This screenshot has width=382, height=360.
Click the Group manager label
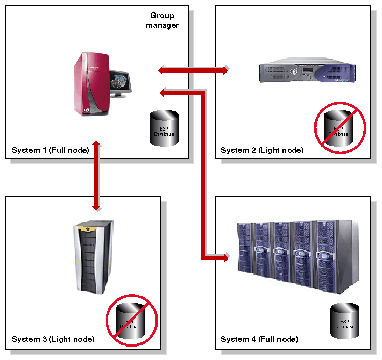pos(162,20)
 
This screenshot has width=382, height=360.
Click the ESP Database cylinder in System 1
pos(164,126)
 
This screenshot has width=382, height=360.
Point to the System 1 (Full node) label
pos(50,151)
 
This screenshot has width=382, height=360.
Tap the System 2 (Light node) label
pos(262,151)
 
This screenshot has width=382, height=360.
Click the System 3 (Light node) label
pos(53,340)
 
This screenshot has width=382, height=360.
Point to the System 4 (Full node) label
pos(259,340)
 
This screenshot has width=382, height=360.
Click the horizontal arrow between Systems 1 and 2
pos(193,69)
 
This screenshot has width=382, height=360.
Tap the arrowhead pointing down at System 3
pos(96,207)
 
